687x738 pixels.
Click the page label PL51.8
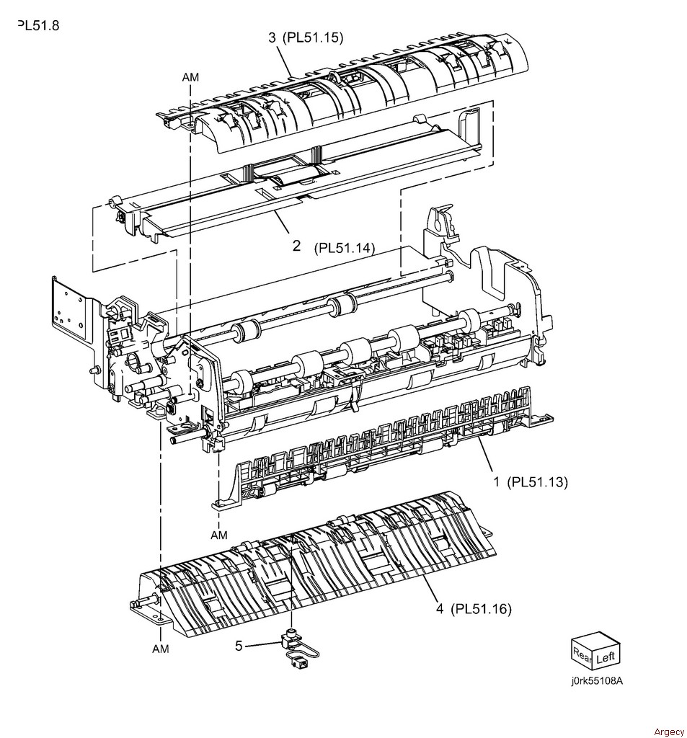pos(39,25)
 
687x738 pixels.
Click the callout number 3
pos(272,37)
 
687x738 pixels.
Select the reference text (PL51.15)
pos(313,37)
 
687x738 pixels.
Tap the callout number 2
pos(296,245)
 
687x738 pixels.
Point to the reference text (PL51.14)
pos(345,248)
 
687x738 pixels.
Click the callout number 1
pos(496,481)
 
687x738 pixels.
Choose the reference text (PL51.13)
pos(537,482)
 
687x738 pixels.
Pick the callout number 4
pos(439,609)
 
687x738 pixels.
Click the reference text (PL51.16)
pos(481,609)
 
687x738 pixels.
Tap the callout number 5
pos(239,646)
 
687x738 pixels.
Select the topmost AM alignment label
pos(191,76)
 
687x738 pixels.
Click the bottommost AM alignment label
pos(161,649)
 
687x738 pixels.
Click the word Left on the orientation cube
pos(605,657)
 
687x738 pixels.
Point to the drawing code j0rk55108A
pos(596,681)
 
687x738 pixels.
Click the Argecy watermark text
pos(669,732)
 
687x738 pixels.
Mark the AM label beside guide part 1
pos(219,535)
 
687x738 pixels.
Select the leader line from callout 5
pos(262,644)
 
